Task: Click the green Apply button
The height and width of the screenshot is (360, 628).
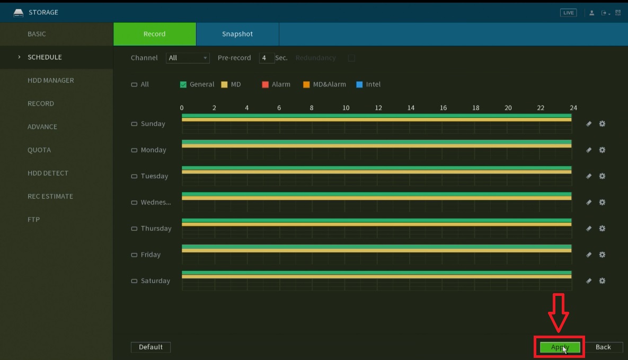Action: tap(560, 347)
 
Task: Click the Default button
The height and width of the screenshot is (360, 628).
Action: tap(151, 347)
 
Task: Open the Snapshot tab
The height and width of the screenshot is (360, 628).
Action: tap(237, 34)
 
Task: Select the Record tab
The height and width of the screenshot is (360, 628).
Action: tap(154, 34)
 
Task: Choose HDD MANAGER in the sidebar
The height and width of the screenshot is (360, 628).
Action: tap(51, 81)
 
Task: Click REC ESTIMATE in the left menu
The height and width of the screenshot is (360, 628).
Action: tap(50, 196)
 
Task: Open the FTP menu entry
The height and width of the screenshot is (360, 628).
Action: tap(34, 219)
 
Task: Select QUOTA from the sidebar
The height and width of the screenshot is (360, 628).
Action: tap(39, 150)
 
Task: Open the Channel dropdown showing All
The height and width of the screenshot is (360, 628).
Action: tap(188, 58)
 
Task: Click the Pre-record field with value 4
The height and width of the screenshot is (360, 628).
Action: tap(266, 58)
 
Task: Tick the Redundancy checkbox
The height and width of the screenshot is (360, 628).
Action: tap(351, 58)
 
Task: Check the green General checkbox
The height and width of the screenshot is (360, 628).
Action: tap(183, 84)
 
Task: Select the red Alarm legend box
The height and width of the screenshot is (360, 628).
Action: tap(266, 84)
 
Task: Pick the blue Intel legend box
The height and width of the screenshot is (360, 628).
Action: tap(359, 84)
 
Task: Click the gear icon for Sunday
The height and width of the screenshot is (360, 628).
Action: tap(602, 124)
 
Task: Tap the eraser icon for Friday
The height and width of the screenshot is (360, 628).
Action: tap(588, 254)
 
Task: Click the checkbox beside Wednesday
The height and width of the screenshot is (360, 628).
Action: tap(134, 203)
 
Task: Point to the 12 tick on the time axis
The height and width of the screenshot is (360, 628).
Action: tap(378, 108)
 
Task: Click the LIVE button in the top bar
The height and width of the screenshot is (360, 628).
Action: tap(568, 13)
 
